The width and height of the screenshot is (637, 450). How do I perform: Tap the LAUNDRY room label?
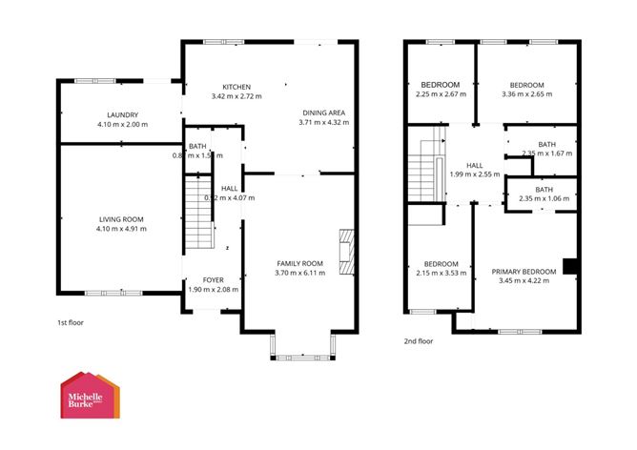123,113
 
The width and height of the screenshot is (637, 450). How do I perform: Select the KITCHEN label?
236,84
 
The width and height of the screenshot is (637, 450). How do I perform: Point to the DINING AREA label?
321,112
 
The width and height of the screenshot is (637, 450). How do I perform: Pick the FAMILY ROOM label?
300,262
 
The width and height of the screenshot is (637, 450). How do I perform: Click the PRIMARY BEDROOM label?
520,271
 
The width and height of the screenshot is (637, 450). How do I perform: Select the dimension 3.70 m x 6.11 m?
300,273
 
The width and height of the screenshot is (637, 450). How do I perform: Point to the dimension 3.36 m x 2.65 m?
525,94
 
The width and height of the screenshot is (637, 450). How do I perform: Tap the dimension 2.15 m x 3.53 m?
440,274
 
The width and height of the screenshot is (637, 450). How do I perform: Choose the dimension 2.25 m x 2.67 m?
440,94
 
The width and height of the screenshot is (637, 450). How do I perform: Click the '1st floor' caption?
70,322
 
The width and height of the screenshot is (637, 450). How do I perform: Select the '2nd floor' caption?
418,340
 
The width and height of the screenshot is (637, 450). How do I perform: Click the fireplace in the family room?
345,249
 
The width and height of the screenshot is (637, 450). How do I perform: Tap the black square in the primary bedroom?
569,267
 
